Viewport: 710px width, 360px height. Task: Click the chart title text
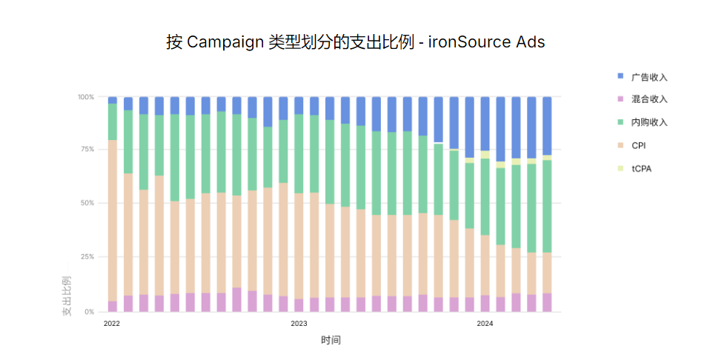tap(355, 42)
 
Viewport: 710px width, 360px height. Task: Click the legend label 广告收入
tap(650, 77)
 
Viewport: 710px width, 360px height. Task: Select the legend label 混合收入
tap(650, 99)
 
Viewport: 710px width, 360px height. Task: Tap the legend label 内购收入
tap(650, 122)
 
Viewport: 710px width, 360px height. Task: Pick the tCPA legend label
tap(642, 169)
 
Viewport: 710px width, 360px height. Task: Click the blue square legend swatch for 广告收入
tap(620, 76)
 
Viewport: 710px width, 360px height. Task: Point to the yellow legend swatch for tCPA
tap(620, 169)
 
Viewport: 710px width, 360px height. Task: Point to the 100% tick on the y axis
tap(86, 97)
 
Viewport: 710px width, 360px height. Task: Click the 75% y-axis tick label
tap(88, 150)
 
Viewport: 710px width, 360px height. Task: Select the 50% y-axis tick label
tap(88, 203)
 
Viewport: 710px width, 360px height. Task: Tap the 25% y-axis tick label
tap(88, 257)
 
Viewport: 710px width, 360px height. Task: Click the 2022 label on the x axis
tap(112, 324)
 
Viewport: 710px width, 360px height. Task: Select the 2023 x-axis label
tap(299, 324)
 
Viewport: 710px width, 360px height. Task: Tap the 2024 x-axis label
tap(485, 324)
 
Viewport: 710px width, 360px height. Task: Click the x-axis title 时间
tap(331, 340)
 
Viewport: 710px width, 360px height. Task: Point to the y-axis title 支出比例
tap(67, 296)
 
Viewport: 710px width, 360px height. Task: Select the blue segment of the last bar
tap(547, 125)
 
